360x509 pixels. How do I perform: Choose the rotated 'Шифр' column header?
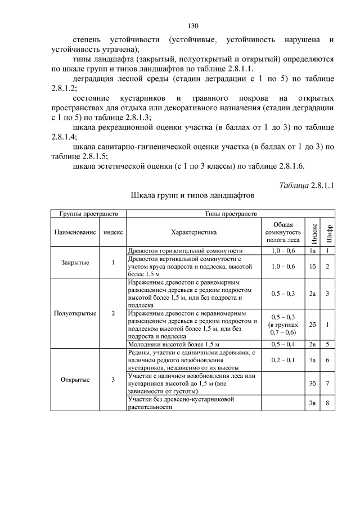click(x=327, y=232)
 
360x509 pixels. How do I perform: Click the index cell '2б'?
click(x=312, y=325)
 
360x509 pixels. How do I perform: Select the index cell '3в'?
click(x=312, y=403)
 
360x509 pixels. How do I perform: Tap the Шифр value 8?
click(x=327, y=403)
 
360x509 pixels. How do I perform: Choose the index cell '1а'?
click(x=312, y=250)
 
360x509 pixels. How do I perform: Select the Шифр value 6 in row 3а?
click(x=327, y=359)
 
